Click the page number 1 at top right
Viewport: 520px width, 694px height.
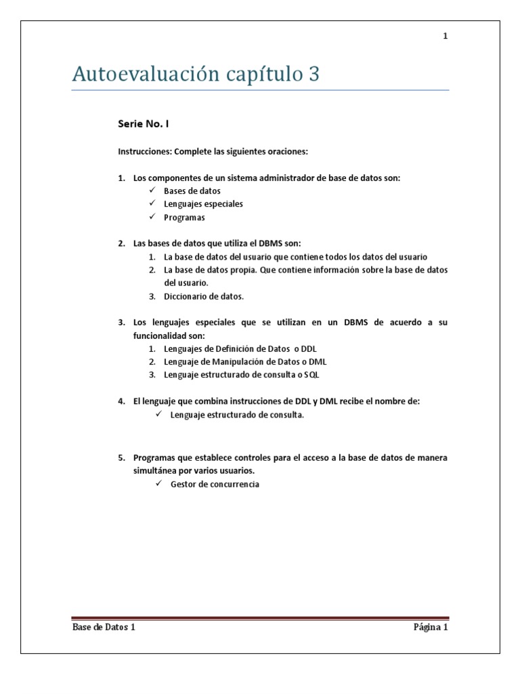click(x=446, y=37)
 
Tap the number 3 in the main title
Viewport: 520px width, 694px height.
click(x=313, y=74)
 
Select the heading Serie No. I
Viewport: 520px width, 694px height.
click(x=144, y=124)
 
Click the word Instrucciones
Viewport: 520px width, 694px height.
click(x=144, y=151)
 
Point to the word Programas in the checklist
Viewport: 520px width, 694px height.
click(x=183, y=218)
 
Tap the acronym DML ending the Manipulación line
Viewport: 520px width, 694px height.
click(x=318, y=361)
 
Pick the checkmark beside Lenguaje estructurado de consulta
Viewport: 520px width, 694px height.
click(x=158, y=415)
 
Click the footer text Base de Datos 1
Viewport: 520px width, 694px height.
click(x=104, y=627)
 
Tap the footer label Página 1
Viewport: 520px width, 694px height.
click(x=431, y=627)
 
